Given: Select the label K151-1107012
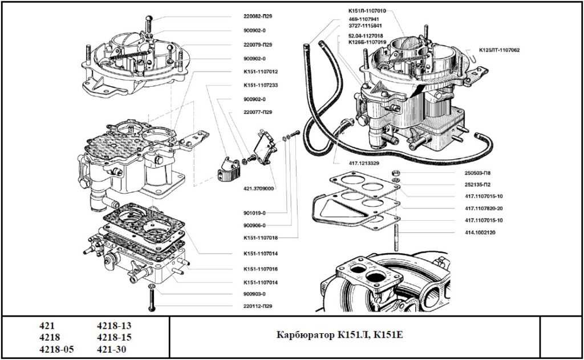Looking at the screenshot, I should point(261,72).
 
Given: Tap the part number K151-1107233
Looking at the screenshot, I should point(261,86).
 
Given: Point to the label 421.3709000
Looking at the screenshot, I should point(258,188).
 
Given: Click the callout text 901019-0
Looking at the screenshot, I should point(254,213).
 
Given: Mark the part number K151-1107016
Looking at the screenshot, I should point(261,269).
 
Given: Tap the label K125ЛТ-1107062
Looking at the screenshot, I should point(499,50).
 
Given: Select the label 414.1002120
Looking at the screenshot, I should point(481,232).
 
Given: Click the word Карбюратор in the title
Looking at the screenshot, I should point(305,334).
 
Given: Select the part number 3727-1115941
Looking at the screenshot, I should point(365,26).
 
